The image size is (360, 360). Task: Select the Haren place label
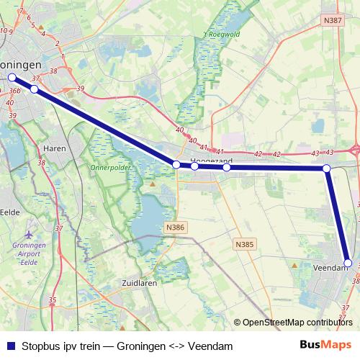(55, 148)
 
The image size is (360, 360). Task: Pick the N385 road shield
(245, 225)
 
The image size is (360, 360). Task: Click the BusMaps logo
(326, 346)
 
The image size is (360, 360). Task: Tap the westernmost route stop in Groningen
(12, 77)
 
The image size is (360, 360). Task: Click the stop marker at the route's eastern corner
(326, 168)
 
